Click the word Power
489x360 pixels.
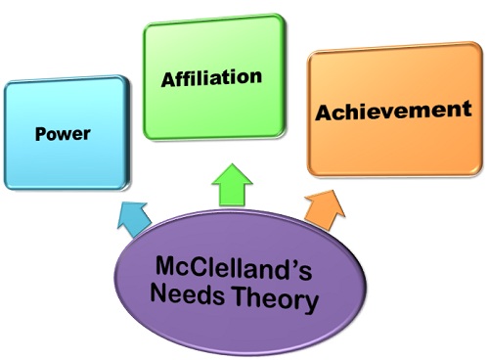62,133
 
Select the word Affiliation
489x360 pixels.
212,76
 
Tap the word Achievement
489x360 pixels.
392,111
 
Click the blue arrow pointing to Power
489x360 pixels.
131,217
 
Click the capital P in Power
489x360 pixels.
40,133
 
